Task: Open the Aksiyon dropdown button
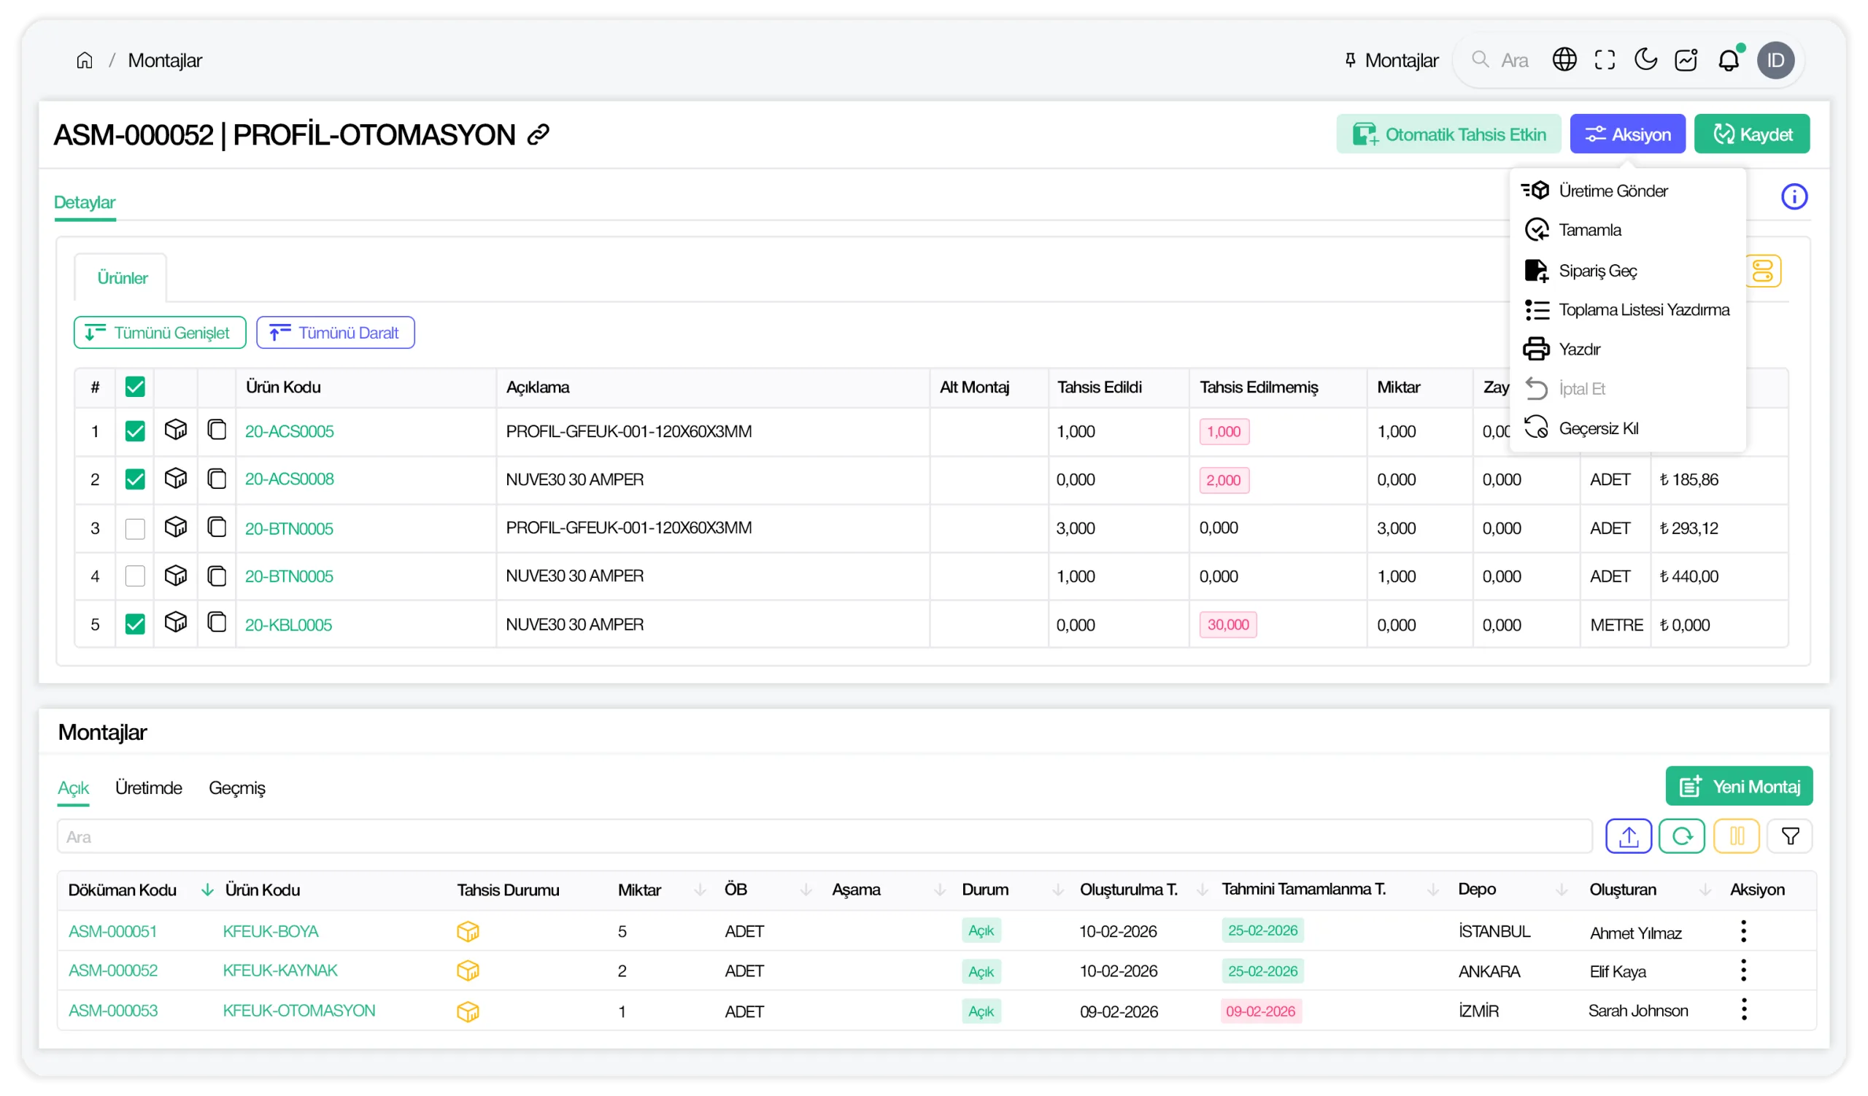pyautogui.click(x=1627, y=134)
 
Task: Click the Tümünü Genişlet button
pyautogui.click(x=159, y=333)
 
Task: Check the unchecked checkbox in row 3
pyautogui.click(x=135, y=528)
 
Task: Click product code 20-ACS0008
pyautogui.click(x=289, y=479)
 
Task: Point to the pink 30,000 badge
pyautogui.click(x=1227, y=625)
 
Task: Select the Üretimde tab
pyautogui.click(x=148, y=788)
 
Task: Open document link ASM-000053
pyautogui.click(x=112, y=1011)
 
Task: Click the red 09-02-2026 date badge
pyautogui.click(x=1260, y=1011)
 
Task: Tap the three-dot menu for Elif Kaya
pyautogui.click(x=1743, y=970)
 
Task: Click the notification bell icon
pyautogui.click(x=1728, y=59)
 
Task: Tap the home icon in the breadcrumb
pyautogui.click(x=85, y=60)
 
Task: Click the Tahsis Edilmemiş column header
pyautogui.click(x=1259, y=387)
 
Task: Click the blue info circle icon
pyautogui.click(x=1794, y=196)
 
